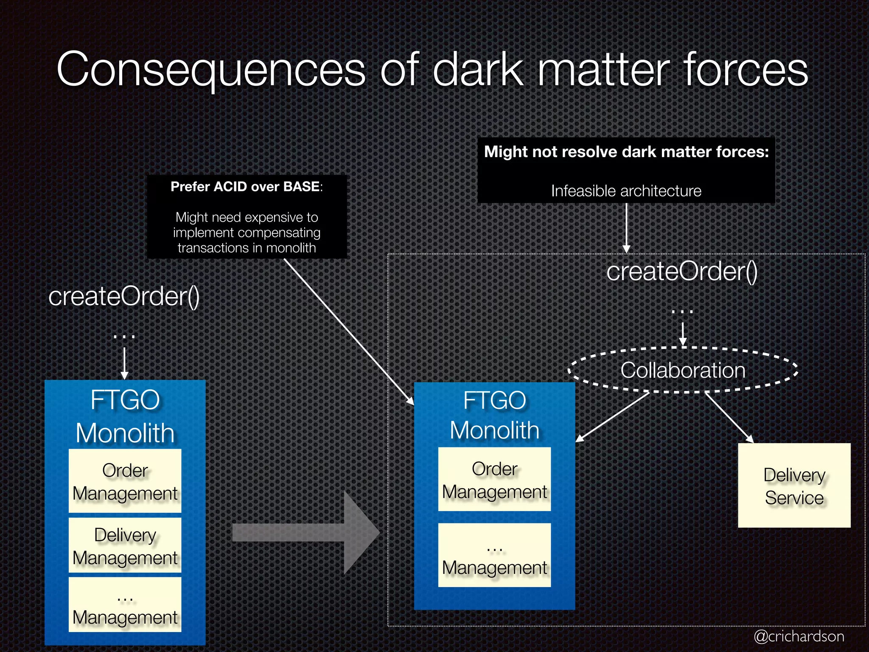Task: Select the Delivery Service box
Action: tap(794, 486)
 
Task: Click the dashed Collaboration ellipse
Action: tap(683, 370)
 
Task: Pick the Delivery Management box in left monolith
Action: tap(125, 545)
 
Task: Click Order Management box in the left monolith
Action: tap(125, 481)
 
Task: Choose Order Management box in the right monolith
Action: tap(494, 480)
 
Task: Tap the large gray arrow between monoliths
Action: tap(306, 533)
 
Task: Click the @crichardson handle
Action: tap(799, 636)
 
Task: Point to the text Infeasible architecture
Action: tap(626, 191)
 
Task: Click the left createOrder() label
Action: tap(124, 296)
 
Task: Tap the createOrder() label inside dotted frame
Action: tap(682, 271)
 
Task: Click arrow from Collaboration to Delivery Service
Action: tap(729, 417)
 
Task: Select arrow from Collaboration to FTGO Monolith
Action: tap(612, 417)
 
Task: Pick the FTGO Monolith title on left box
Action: tap(125, 416)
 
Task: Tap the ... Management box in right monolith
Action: tap(494, 555)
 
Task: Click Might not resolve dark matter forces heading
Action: tap(626, 152)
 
